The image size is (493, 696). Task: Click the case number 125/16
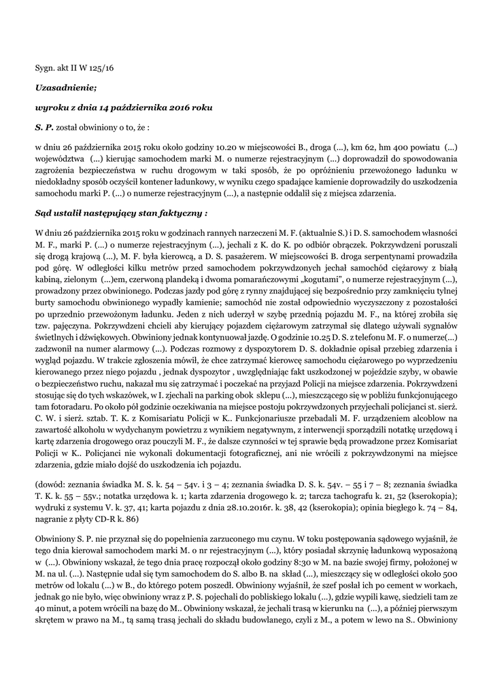tap(101, 69)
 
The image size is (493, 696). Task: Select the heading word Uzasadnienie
tap(66, 88)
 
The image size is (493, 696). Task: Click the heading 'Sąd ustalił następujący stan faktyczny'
tap(120, 213)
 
